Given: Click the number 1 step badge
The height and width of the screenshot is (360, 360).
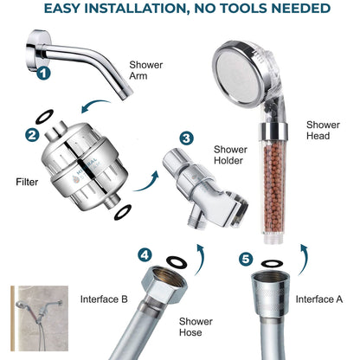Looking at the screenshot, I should pyautogui.click(x=43, y=74).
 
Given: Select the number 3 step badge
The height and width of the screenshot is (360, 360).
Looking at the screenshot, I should pyautogui.click(x=187, y=138).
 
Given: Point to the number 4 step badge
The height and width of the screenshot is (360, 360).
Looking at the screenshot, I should pyautogui.click(x=145, y=255).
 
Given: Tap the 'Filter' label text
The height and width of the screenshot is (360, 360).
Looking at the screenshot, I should pyautogui.click(x=27, y=183).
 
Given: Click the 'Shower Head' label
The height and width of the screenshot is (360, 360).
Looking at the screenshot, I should pyautogui.click(x=323, y=130).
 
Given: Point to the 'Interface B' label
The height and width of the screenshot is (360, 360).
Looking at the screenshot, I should pyautogui.click(x=104, y=299).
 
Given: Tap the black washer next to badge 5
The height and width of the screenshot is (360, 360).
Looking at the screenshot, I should pyautogui.click(x=271, y=260).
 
